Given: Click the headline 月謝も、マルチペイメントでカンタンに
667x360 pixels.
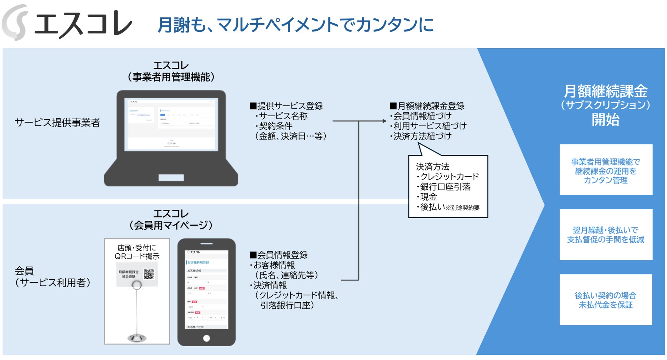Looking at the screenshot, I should coord(296,25).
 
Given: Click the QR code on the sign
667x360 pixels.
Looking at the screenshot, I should coord(149,274).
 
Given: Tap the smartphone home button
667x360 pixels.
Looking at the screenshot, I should coord(206,338).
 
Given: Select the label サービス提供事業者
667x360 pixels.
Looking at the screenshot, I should coord(57,122).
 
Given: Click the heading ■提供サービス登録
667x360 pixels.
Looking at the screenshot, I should coord(286,106).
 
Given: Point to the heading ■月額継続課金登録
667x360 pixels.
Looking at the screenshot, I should coord(427,106).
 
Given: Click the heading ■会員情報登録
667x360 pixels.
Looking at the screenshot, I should coord(279,255).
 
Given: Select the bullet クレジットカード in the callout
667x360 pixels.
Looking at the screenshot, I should coord(448,177).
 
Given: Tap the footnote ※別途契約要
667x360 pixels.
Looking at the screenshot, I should coord(463,208).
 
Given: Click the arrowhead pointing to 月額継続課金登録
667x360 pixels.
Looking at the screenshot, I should coord(384,121).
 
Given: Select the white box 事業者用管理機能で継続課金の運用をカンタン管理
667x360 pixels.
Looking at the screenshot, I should coord(606,170).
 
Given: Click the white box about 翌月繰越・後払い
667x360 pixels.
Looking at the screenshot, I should coord(606,235).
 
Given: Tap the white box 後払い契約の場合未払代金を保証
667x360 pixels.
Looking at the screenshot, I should coord(606,300).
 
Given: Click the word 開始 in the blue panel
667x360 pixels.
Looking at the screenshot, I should coord(605,120).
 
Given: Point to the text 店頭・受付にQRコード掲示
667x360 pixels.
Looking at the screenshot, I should coord(137,252).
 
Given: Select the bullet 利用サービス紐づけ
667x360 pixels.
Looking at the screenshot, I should coord(429,126).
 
